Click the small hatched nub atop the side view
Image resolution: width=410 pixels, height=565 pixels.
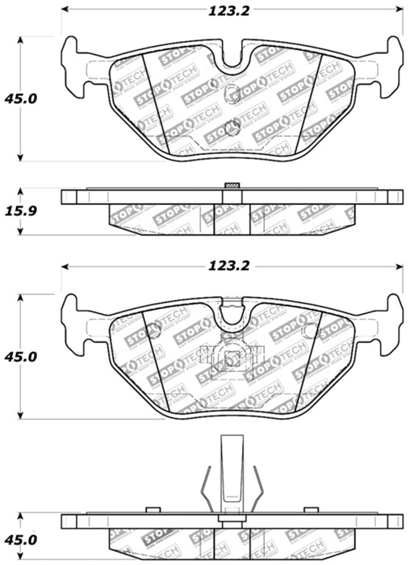pyautogui.click(x=232, y=187)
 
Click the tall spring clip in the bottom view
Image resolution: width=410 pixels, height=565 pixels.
pyautogui.click(x=232, y=476)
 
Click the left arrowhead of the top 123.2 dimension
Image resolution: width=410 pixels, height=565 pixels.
pyautogui.click(x=67, y=11)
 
